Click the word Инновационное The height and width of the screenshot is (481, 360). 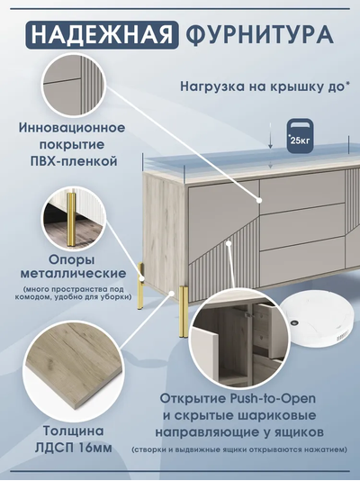[x=72, y=128]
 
